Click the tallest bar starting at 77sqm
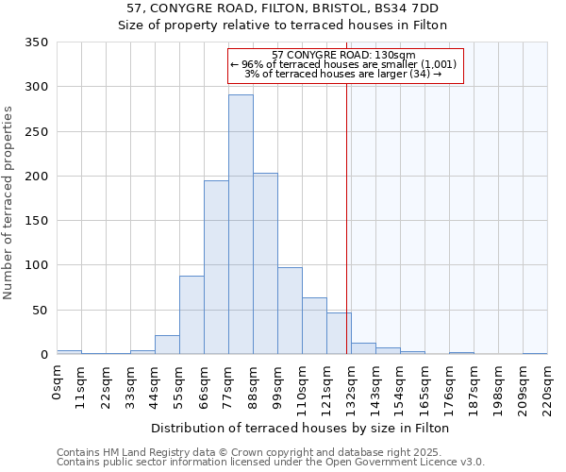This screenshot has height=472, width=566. pos(241,225)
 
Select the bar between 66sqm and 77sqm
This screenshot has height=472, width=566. pos(216,267)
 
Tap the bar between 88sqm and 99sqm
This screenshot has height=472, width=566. pos(265,263)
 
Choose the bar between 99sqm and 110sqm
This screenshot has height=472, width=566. pos(290,311)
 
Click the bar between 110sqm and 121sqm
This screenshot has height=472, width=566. pos(314,326)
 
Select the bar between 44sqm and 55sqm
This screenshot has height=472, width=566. pos(167,345)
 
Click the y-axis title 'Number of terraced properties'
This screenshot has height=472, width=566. pos(8,203)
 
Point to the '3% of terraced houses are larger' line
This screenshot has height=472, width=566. pos(342,74)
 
